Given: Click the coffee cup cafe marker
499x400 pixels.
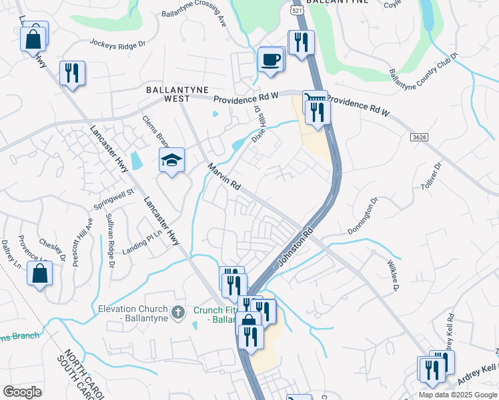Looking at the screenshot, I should pos(271,59).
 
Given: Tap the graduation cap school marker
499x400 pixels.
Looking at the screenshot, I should pos(171,161).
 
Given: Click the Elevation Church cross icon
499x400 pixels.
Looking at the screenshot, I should pos(178,311).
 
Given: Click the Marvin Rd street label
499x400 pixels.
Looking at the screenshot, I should pos(223,177).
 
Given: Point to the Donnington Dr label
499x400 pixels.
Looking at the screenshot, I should pos(363,215).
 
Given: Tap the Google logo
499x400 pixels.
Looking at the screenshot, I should pos(23,391).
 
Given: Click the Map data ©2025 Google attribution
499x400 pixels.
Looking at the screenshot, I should pos(458,395).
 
